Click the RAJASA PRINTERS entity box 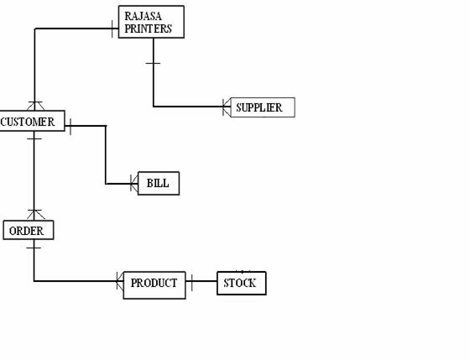[151, 22]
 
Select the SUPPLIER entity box [263, 107]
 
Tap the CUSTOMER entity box [32, 121]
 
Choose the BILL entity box [159, 183]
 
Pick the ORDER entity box [29, 230]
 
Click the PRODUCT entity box [154, 285]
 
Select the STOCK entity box [242, 283]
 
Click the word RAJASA [143, 16]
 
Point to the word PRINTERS [148, 29]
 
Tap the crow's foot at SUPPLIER [227, 107]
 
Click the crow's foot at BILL [134, 183]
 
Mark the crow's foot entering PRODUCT [120, 281]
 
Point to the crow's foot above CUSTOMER [35, 106]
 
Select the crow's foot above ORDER [35, 215]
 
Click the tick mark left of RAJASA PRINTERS [112, 29]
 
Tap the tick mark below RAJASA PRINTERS [153, 63]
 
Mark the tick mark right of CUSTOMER [70, 127]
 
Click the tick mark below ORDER [34, 248]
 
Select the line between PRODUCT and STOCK [201, 281]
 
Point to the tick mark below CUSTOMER [34, 138]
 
